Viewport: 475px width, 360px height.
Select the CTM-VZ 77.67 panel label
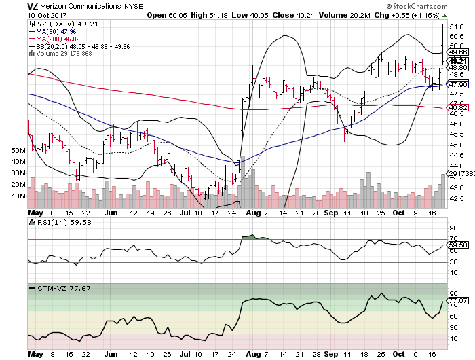click(x=59, y=288)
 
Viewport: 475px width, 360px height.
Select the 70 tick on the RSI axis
click(x=453, y=240)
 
